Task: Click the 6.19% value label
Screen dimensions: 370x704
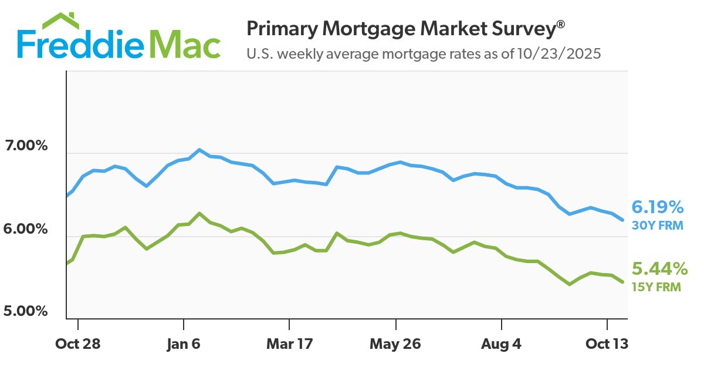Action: (x=657, y=207)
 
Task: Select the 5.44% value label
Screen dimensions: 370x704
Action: (x=659, y=270)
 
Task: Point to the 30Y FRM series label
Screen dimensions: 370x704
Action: (x=657, y=225)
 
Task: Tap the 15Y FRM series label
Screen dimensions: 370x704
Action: (x=656, y=287)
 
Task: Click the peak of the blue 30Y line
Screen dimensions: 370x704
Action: (x=199, y=150)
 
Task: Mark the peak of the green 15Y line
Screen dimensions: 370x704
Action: (x=199, y=213)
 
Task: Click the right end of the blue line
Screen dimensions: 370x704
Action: (x=622, y=220)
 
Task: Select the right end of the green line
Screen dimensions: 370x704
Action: (x=622, y=282)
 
